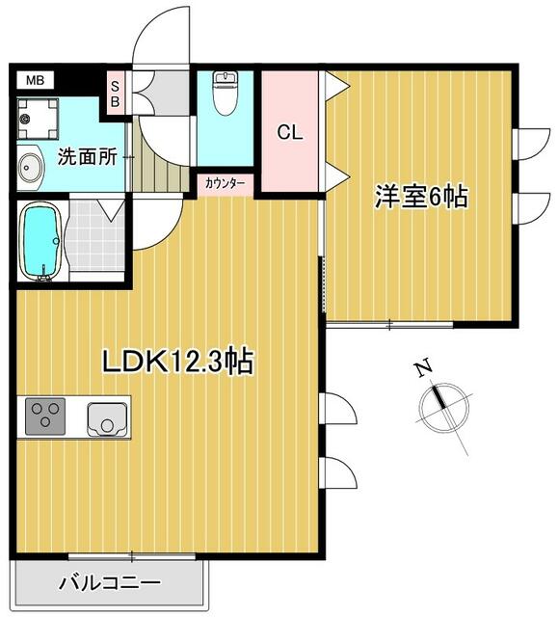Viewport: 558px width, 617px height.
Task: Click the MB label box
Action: click(x=35, y=81)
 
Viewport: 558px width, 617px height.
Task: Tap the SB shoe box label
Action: click(x=116, y=94)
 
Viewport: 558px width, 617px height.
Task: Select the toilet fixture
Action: click(x=225, y=93)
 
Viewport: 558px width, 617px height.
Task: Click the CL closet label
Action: click(x=290, y=133)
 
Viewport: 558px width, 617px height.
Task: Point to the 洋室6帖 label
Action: click(x=421, y=197)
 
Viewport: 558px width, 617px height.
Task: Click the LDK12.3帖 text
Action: click(x=177, y=362)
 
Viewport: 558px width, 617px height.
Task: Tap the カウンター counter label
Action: click(x=225, y=183)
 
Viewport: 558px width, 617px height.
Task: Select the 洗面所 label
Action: click(x=88, y=157)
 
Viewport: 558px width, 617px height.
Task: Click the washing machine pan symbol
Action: click(x=38, y=119)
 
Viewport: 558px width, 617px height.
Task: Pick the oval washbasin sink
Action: click(x=30, y=168)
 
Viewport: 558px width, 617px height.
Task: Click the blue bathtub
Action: click(x=40, y=242)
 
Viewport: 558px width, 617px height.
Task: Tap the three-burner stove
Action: click(x=45, y=416)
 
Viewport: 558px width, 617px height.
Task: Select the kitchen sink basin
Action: click(x=108, y=419)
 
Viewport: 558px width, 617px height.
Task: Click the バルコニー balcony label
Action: click(x=110, y=582)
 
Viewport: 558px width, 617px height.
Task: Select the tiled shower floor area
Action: click(x=95, y=236)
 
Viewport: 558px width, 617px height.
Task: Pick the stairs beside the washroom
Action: click(x=157, y=170)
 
